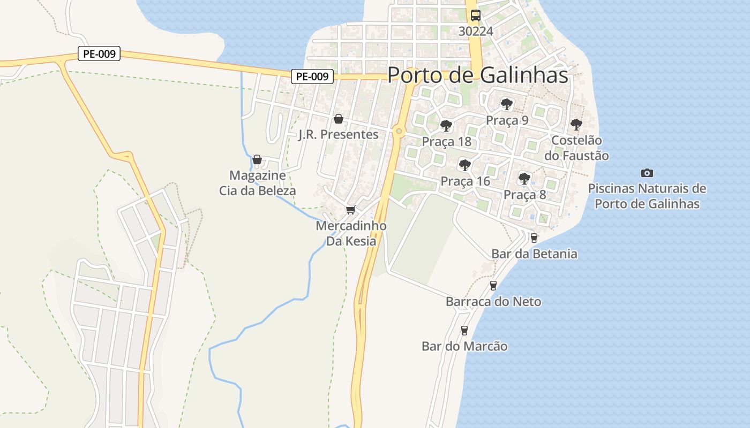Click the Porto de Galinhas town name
click(477, 75)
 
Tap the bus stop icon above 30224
click(476, 16)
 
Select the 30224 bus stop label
click(476, 31)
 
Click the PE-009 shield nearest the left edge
click(99, 53)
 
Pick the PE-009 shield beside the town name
click(312, 77)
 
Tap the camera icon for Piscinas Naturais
click(647, 173)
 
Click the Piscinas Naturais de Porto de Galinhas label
click(647, 196)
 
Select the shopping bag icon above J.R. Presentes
click(339, 119)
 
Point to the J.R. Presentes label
click(339, 134)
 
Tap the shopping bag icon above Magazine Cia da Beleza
click(257, 159)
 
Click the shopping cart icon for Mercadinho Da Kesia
click(351, 210)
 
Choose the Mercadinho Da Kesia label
click(351, 233)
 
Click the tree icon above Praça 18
click(446, 126)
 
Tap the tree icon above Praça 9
click(506, 104)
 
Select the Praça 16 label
click(465, 181)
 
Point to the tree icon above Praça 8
click(524, 178)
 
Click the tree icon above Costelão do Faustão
click(576, 125)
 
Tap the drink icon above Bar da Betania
click(534, 238)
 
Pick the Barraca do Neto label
click(493, 302)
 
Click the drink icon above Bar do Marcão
click(464, 330)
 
